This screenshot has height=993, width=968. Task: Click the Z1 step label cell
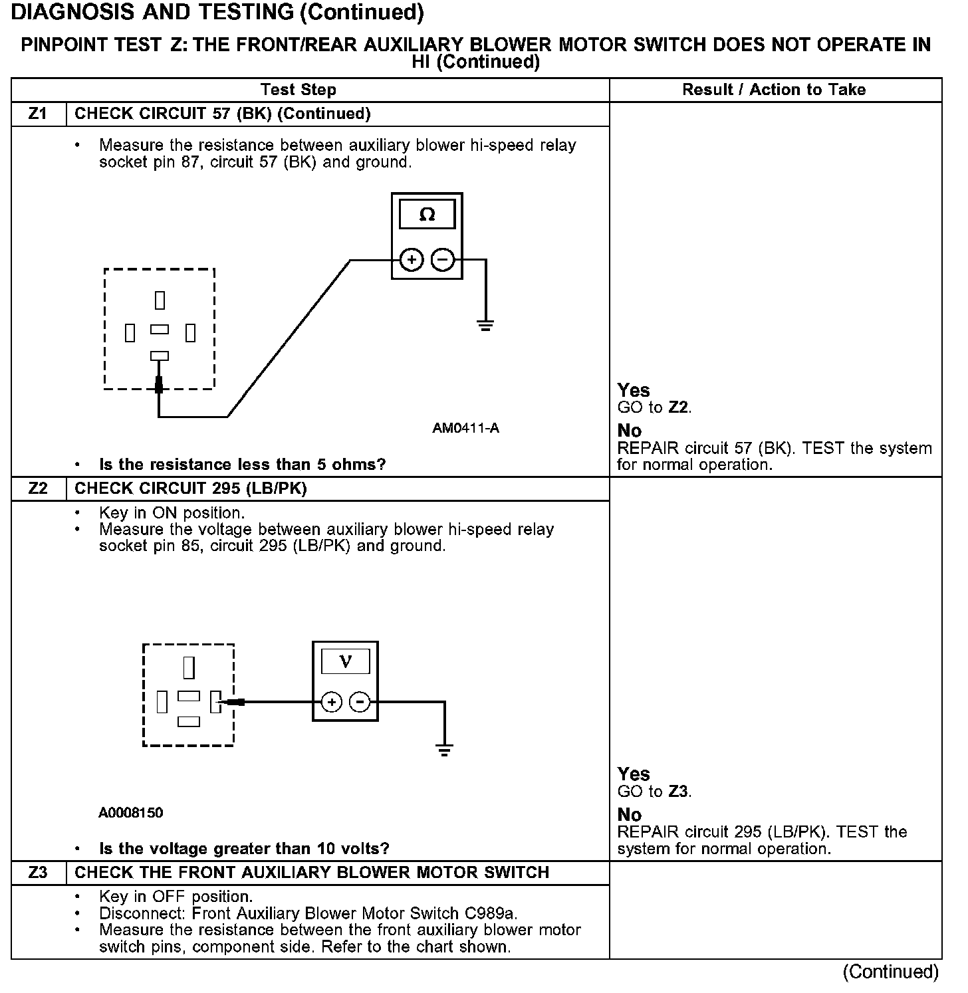tap(39, 114)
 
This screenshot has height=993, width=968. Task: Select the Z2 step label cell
tap(39, 489)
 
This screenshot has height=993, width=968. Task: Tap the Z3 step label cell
tap(39, 872)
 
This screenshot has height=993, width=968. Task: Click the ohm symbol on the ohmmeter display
tap(427, 215)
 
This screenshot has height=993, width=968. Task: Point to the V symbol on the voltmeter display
tap(345, 661)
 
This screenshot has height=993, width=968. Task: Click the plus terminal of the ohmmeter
tap(412, 259)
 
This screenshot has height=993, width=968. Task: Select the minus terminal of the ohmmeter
tap(443, 259)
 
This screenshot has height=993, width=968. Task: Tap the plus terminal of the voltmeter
tap(331, 702)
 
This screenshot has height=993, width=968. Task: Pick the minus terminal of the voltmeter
tap(360, 702)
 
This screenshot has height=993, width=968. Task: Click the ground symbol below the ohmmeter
tap(485, 325)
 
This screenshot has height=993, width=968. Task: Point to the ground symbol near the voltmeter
tap(444, 750)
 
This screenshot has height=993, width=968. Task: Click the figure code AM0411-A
tap(465, 428)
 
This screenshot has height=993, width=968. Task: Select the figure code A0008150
tap(130, 812)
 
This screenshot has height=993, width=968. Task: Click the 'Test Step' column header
tap(299, 90)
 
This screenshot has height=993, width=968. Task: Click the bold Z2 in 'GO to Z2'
tap(679, 407)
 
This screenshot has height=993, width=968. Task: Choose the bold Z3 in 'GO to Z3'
tap(679, 791)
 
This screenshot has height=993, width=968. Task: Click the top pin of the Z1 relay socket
tap(160, 300)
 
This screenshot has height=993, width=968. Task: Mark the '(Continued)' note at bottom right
tap(890, 972)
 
